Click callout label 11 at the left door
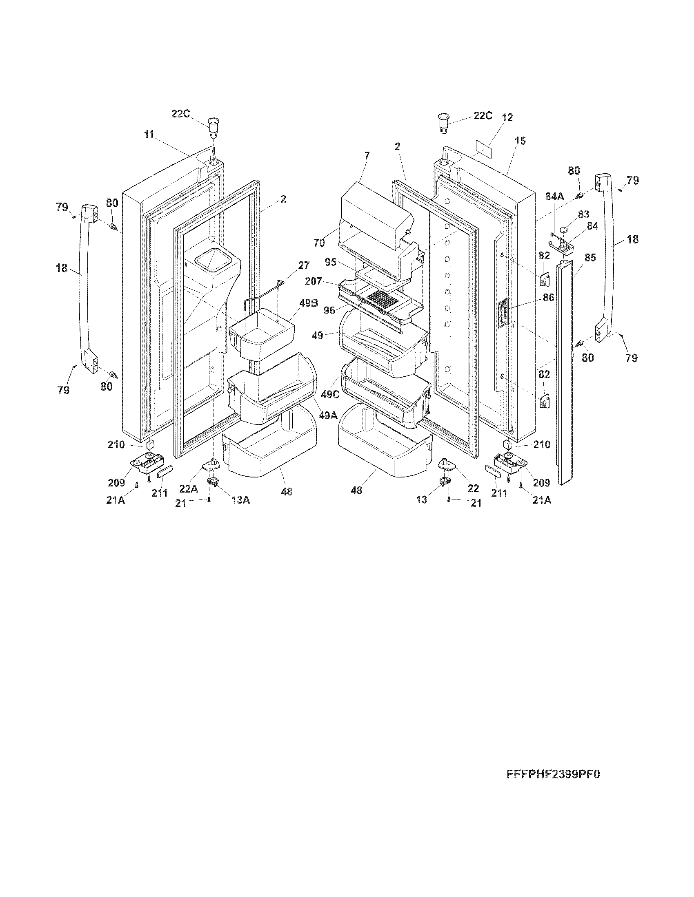coord(149,134)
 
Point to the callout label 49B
coord(309,303)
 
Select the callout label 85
coord(590,258)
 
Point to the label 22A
coord(189,488)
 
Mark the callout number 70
coord(319,243)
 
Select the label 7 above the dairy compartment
coord(367,155)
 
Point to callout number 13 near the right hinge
coord(422,499)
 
